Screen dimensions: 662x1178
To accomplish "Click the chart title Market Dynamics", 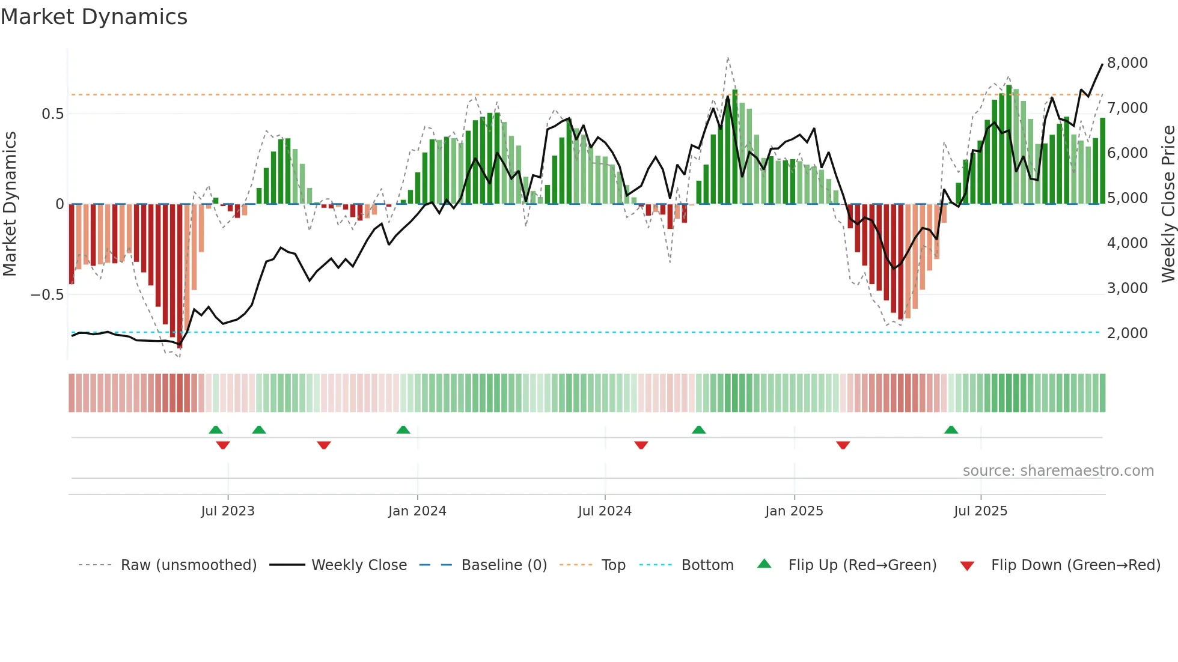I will tap(94, 17).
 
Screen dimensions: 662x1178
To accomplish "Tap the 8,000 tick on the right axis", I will tap(1127, 63).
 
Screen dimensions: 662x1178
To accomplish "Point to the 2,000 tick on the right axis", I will tap(1127, 333).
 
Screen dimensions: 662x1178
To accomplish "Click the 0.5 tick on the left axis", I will tap(52, 114).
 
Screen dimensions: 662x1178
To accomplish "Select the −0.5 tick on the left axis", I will tap(47, 295).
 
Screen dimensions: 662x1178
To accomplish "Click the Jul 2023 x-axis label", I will tap(228, 511).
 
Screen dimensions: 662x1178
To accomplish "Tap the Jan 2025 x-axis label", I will tap(794, 511).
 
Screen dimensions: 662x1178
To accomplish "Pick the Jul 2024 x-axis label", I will tap(605, 511).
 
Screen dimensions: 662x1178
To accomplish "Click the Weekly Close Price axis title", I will tap(1168, 203).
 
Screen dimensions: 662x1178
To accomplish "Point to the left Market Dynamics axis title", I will tap(10, 203).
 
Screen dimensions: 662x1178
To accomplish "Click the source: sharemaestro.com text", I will tap(1058, 471).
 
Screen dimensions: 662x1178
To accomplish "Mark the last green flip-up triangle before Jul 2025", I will tap(951, 430).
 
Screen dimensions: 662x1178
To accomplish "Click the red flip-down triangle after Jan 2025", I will tap(843, 445).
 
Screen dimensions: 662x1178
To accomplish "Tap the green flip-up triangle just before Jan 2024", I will tap(403, 430).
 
